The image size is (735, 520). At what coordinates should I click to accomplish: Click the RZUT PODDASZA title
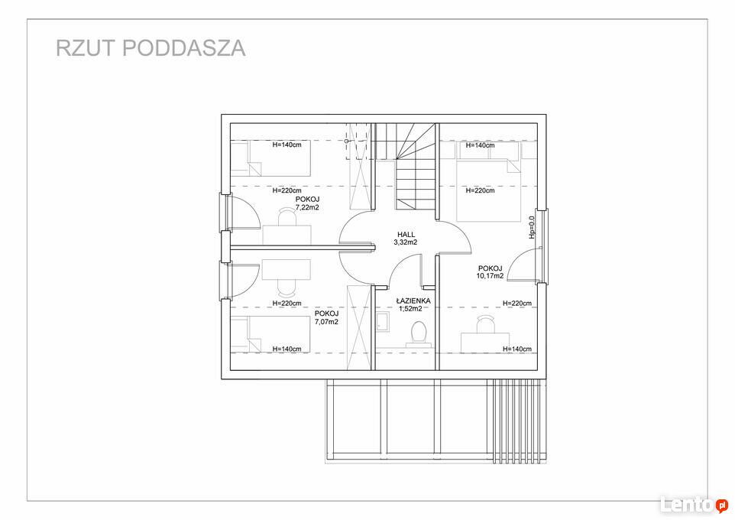[151, 48]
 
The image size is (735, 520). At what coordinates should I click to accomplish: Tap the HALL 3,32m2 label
[406, 239]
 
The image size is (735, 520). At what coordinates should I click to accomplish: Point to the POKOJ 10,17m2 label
[491, 272]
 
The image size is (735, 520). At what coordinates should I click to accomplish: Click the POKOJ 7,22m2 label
[307, 203]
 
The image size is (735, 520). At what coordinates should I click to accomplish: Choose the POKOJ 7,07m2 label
[326, 317]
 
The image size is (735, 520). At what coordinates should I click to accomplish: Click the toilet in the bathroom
[418, 334]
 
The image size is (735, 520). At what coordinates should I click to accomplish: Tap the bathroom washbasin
[382, 322]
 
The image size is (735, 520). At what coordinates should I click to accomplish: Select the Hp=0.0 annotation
[532, 228]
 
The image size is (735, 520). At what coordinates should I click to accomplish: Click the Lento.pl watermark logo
[695, 505]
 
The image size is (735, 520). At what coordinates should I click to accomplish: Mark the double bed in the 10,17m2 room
[488, 190]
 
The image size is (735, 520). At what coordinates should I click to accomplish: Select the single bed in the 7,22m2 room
[270, 158]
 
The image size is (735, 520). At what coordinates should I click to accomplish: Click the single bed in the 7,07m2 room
[270, 333]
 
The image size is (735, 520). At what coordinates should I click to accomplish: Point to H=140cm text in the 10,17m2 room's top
[480, 145]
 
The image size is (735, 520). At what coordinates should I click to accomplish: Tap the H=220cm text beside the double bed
[480, 190]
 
